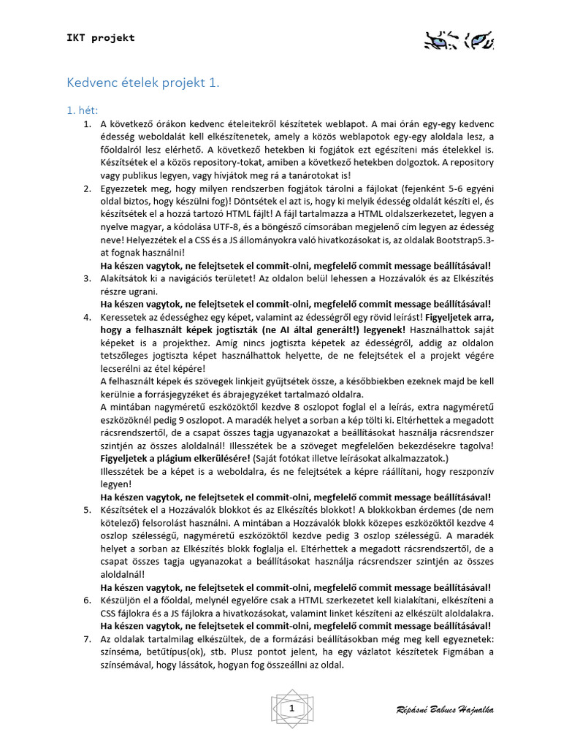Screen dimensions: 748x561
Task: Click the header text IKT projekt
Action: point(101,38)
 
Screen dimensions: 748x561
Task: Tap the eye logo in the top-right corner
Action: point(459,39)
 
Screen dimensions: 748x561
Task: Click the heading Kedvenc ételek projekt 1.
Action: point(143,83)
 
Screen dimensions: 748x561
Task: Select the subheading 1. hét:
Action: point(83,110)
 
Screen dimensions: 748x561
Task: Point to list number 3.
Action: point(86,278)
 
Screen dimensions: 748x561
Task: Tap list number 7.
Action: point(86,639)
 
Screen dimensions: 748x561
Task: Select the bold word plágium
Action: point(190,457)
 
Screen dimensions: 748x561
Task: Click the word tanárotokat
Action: point(321,175)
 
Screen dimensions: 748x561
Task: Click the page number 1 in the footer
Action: point(291,709)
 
